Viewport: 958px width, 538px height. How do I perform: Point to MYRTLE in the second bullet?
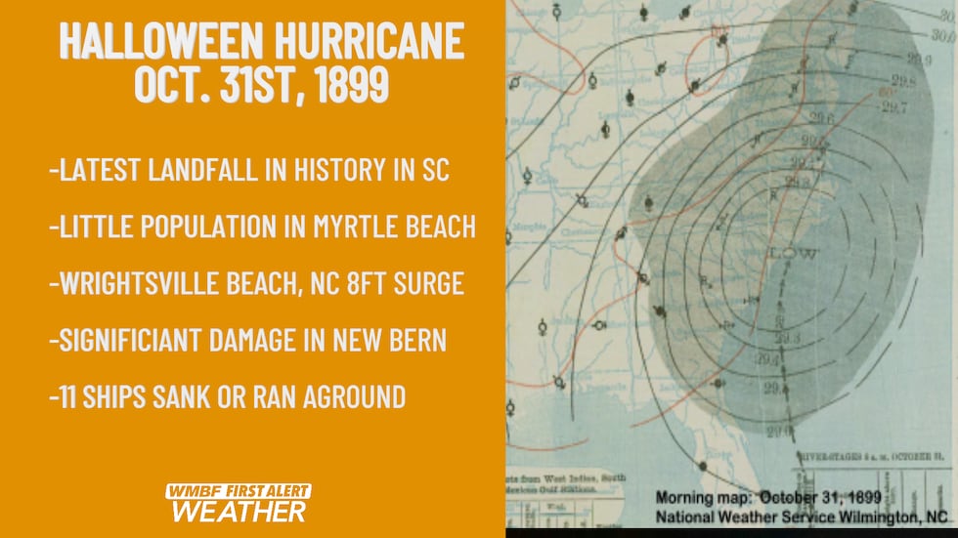(361, 227)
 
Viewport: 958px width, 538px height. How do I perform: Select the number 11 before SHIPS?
(68, 396)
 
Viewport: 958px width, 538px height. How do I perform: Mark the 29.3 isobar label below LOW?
(781, 338)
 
